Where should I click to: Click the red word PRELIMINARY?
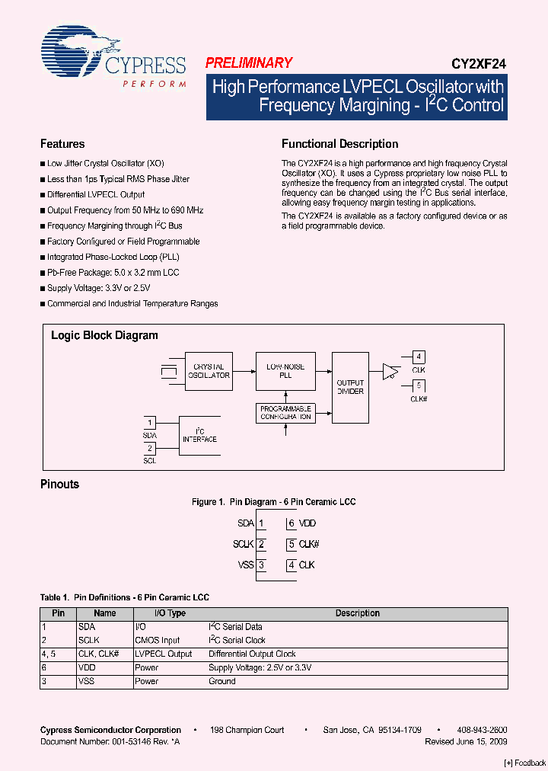click(x=249, y=63)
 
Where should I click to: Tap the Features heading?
click(x=62, y=144)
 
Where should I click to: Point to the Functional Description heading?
click(x=339, y=144)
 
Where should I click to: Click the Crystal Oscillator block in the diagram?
click(x=209, y=371)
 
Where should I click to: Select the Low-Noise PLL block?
click(x=285, y=371)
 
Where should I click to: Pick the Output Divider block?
click(x=350, y=387)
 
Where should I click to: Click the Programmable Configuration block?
click(x=285, y=413)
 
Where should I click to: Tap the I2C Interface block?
click(x=199, y=435)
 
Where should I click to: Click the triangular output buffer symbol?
click(x=390, y=371)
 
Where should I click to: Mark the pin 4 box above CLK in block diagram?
click(x=418, y=357)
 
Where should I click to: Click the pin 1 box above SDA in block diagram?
click(x=150, y=422)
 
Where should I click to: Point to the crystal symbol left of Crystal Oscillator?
click(x=167, y=372)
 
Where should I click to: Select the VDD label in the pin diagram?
click(x=307, y=523)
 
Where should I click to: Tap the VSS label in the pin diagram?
click(x=244, y=565)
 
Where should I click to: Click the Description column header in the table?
click(x=357, y=613)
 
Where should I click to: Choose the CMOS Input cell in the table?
click(x=157, y=641)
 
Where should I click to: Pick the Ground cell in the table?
click(x=222, y=681)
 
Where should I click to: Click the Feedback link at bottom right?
click(x=525, y=763)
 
